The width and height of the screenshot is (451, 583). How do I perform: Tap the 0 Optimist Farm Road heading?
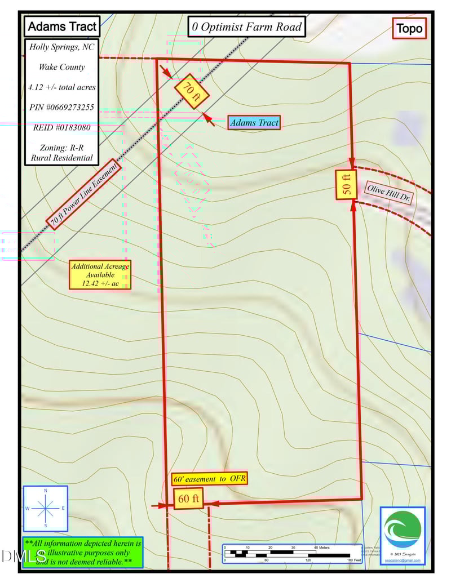click(x=246, y=26)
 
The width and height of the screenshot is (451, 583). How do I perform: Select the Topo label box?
click(x=409, y=29)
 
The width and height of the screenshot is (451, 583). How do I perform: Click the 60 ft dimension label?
click(x=188, y=499)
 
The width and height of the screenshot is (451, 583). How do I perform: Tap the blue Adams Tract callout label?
click(x=254, y=122)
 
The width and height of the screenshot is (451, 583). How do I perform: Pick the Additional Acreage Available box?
click(x=100, y=275)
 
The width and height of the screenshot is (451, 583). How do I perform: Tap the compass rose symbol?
click(x=45, y=509)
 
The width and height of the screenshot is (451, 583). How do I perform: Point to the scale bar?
click(x=292, y=554)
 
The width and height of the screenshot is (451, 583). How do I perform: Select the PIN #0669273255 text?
click(x=62, y=107)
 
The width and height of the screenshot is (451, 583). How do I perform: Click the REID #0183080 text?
click(x=62, y=127)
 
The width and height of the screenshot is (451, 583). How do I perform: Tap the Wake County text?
click(x=62, y=67)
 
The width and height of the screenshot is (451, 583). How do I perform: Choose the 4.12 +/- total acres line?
click(x=62, y=87)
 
